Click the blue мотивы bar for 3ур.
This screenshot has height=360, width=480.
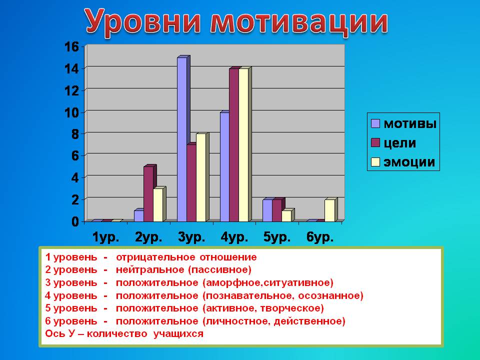[182, 139]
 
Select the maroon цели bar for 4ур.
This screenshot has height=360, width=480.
[234, 145]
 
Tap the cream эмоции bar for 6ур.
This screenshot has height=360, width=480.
[329, 210]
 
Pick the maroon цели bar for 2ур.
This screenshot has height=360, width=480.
[148, 194]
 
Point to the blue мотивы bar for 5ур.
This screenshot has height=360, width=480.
[267, 210]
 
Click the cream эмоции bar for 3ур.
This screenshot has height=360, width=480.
[201, 177]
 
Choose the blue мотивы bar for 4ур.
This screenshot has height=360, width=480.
[224, 167]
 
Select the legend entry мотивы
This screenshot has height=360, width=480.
[403, 123]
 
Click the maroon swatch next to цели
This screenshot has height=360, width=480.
[375, 142]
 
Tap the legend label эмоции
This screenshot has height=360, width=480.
[409, 162]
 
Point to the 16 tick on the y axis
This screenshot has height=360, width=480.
[71, 47]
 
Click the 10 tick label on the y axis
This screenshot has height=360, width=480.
[71, 112]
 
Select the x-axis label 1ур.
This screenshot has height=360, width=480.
[106, 237]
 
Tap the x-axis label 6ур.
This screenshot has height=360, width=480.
[320, 237]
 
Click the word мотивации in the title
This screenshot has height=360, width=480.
[299, 22]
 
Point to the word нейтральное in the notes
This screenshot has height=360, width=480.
[150, 269]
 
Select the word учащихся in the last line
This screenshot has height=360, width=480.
[178, 333]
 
